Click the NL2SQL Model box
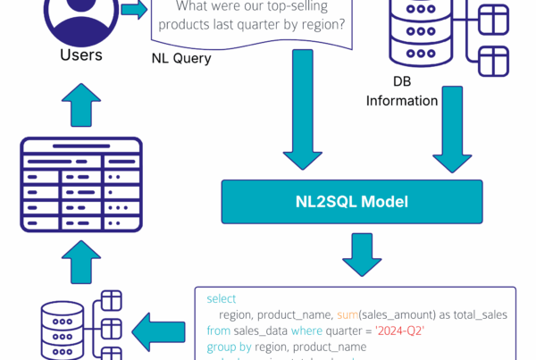(352, 202)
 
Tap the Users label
(81, 55)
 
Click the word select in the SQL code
(221, 298)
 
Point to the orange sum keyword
(348, 314)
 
